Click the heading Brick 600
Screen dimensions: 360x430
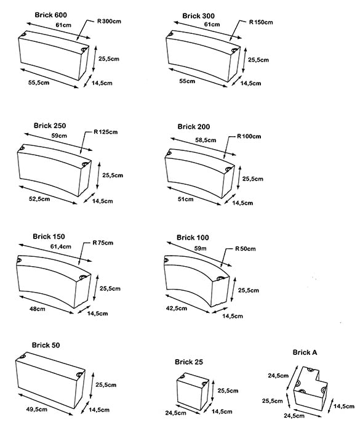[50, 15]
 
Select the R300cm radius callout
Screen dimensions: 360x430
[109, 22]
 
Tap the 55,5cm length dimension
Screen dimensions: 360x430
[39, 83]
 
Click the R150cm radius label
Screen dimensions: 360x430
[261, 22]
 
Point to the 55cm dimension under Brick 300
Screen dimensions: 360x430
[187, 81]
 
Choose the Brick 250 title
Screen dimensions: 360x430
[50, 126]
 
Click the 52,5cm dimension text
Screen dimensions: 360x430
[39, 199]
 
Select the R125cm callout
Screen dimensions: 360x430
[105, 132]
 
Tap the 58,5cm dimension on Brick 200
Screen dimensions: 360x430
[206, 140]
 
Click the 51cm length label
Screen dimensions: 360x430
[185, 199]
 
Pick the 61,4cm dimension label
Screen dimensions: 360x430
[60, 246]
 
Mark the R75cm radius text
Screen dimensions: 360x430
[103, 243]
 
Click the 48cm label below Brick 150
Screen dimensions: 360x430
[38, 309]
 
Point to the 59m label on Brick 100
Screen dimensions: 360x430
[200, 249]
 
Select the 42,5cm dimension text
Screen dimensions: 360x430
[177, 308]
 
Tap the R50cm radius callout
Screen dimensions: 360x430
[245, 249]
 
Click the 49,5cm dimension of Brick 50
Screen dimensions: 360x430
[37, 410]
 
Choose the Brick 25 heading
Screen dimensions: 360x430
[189, 362]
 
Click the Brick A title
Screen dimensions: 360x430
[305, 352]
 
